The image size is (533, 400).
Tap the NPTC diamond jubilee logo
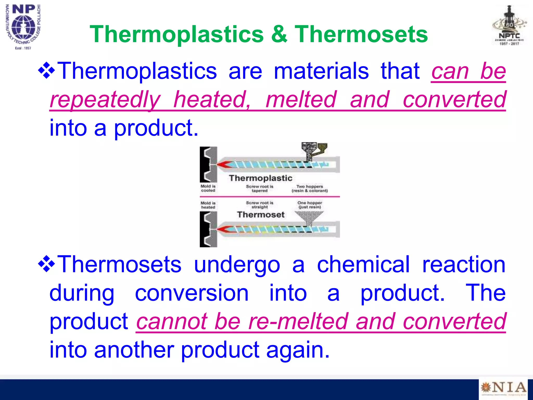tap(509, 26)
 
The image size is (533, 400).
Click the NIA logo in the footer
tap(503, 388)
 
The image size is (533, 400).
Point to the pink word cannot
tap(172, 321)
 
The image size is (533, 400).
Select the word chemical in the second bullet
tap(363, 265)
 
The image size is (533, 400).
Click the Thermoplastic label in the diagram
tap(261, 178)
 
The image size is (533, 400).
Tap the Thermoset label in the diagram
tap(261, 215)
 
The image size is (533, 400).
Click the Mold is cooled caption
tap(208, 188)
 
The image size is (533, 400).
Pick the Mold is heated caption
tap(208, 205)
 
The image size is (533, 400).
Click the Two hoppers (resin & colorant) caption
tap(310, 189)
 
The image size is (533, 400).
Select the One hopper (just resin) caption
tap(310, 205)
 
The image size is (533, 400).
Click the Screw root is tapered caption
tap(259, 189)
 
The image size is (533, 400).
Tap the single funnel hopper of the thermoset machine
tap(309, 217)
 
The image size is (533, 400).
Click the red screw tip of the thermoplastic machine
tap(224, 164)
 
